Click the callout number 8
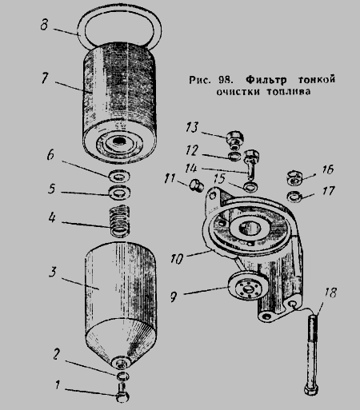tap(45, 26)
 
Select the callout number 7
tap(45, 78)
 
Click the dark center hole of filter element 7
tap(118, 141)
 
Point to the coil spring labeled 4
tap(121, 221)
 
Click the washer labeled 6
tap(119, 176)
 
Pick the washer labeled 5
tap(119, 192)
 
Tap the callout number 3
tap(53, 272)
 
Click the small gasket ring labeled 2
tap(122, 376)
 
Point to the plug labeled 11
tap(196, 185)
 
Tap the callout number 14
tap(191, 168)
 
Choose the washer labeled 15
tap(250, 187)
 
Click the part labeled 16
tap(294, 177)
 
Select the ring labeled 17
tap(294, 197)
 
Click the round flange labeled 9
tap(249, 288)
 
